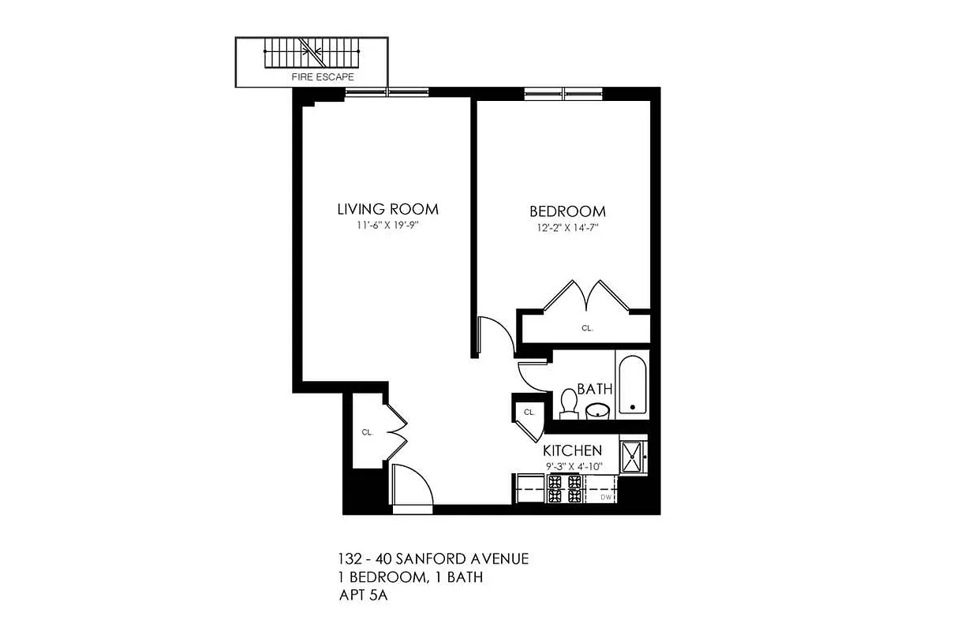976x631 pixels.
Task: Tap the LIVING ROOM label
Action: (x=387, y=209)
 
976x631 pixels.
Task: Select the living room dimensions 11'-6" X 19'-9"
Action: (x=387, y=225)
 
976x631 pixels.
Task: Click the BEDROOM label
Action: (x=567, y=211)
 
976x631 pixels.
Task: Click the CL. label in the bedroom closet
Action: (x=587, y=328)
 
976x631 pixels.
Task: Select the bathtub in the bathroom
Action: (x=632, y=386)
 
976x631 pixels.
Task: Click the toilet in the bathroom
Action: (x=568, y=404)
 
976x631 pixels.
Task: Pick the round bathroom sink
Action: (x=597, y=410)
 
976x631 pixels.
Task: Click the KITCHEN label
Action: (x=572, y=450)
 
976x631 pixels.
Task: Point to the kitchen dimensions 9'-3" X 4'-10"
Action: (x=572, y=466)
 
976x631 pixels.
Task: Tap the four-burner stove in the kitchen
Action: (x=565, y=489)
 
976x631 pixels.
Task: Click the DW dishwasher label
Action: (x=607, y=497)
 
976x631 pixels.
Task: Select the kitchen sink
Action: (x=633, y=456)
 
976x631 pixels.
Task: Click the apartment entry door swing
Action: (x=413, y=487)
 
